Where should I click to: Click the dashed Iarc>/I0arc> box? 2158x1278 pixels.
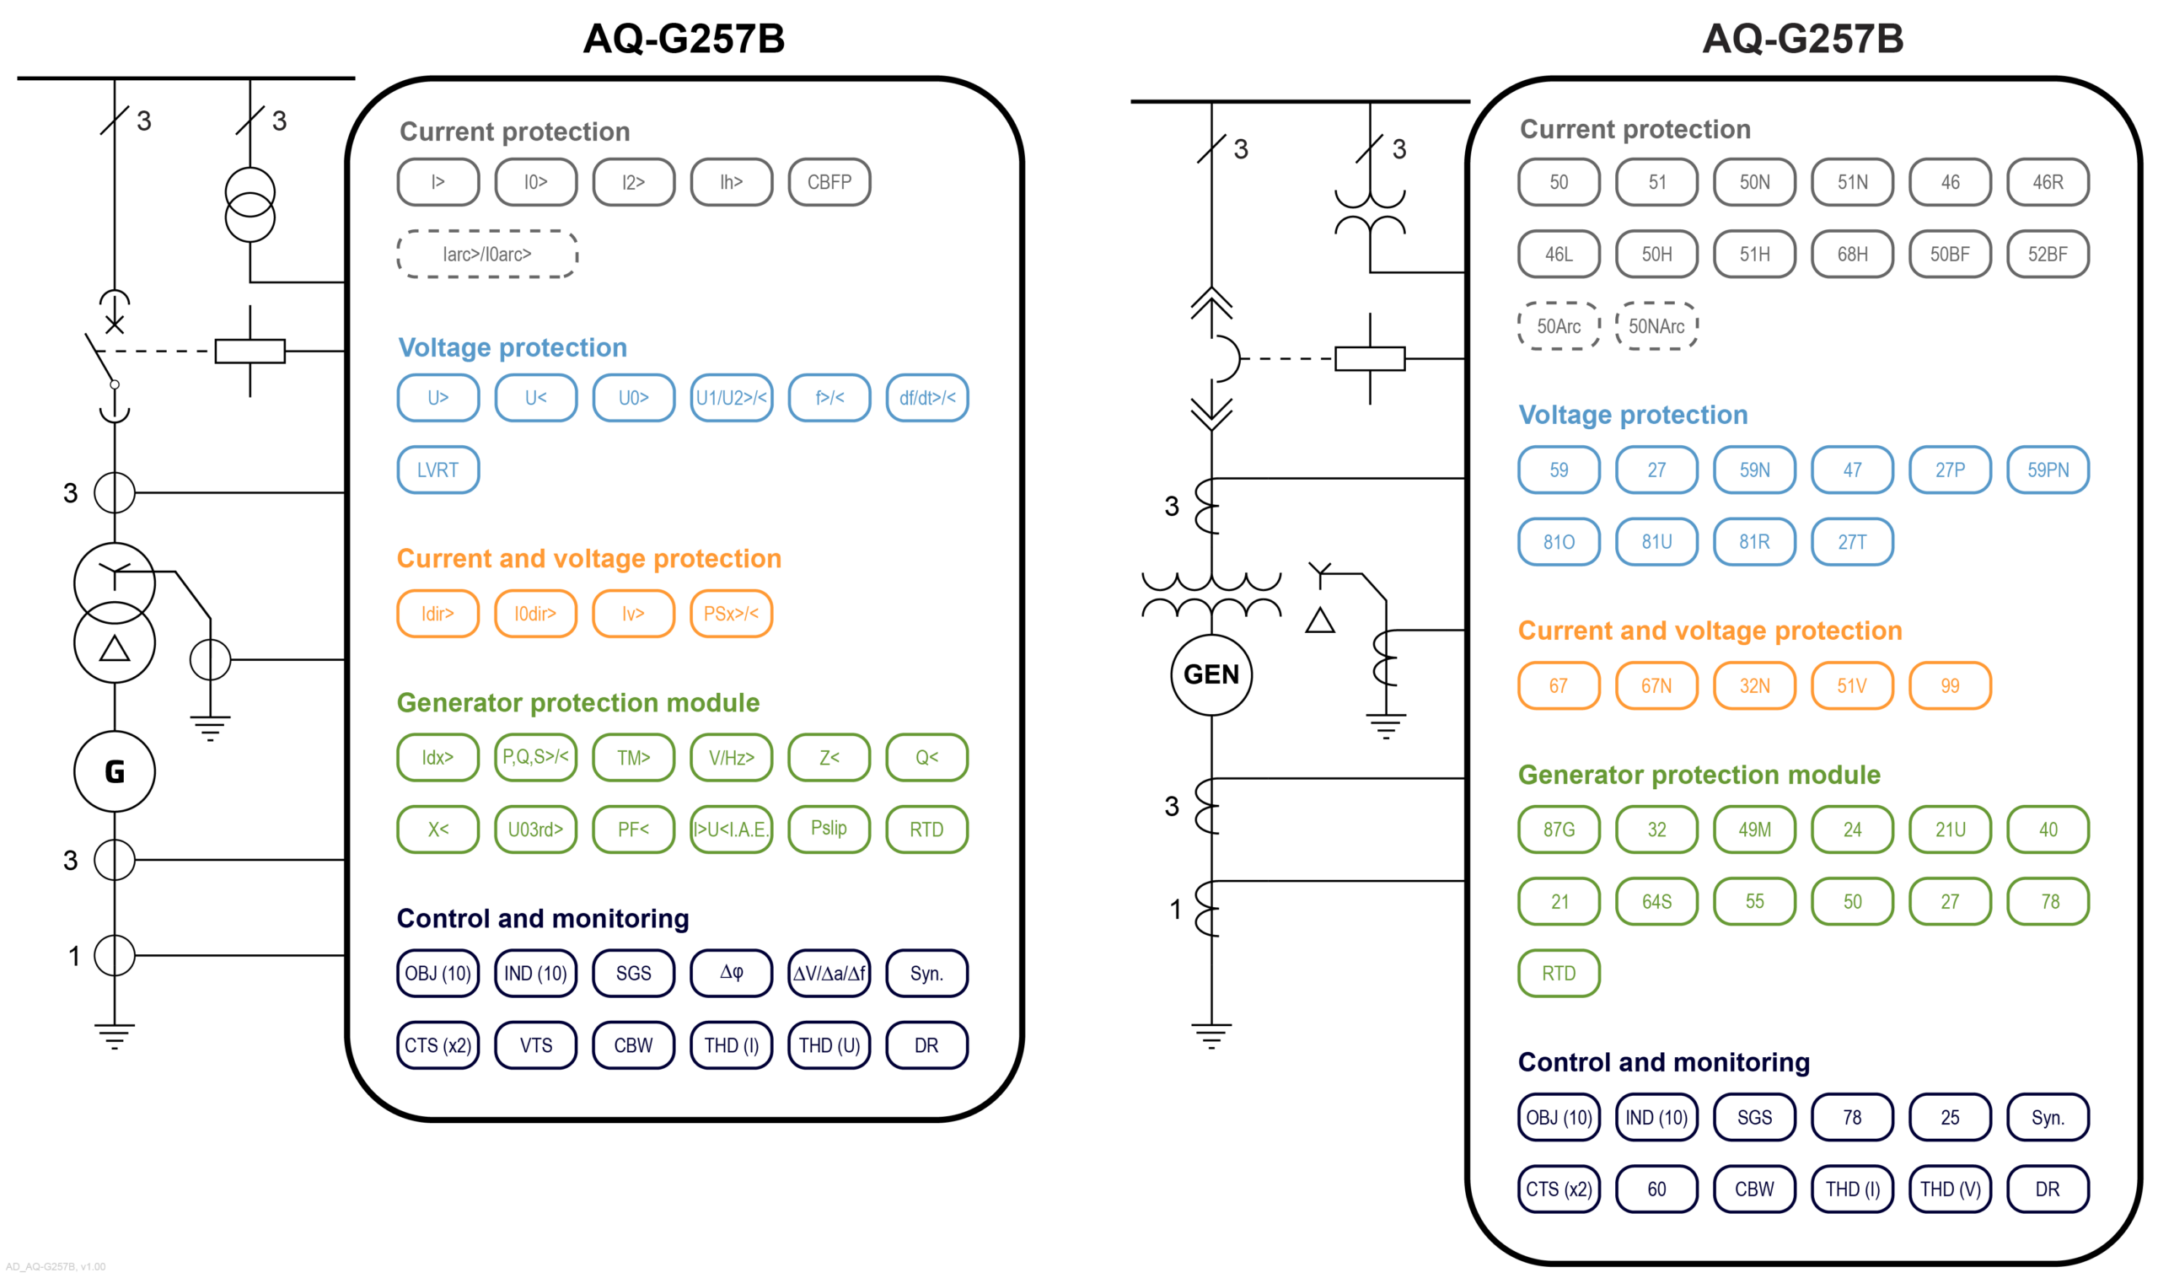(x=486, y=254)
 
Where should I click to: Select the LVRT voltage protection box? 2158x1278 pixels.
(x=438, y=470)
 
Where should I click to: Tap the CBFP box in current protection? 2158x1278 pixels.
(x=829, y=182)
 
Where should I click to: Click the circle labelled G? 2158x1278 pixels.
(x=115, y=771)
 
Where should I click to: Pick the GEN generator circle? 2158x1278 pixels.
(x=1211, y=674)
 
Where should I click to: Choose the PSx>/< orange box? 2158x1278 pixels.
(x=730, y=613)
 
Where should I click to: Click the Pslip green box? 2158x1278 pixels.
(x=829, y=829)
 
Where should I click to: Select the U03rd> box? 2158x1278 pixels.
(x=534, y=830)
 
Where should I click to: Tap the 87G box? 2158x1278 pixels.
(x=1558, y=830)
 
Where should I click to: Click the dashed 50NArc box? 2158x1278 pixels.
(x=1656, y=325)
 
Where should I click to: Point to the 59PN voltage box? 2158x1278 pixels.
(x=2047, y=470)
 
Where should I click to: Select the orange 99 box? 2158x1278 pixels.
(x=1950, y=685)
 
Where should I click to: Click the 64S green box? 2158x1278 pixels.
(x=1656, y=902)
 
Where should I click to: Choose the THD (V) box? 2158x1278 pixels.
(x=1950, y=1189)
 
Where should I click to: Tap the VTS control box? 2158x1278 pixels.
(x=534, y=1044)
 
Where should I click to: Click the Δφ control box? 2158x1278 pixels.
(x=730, y=973)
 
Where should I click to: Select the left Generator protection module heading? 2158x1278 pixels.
(x=577, y=703)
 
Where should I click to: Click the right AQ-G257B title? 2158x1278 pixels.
(x=1802, y=39)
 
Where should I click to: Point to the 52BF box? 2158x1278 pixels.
(x=2047, y=254)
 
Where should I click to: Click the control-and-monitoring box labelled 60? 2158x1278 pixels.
(x=1656, y=1189)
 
